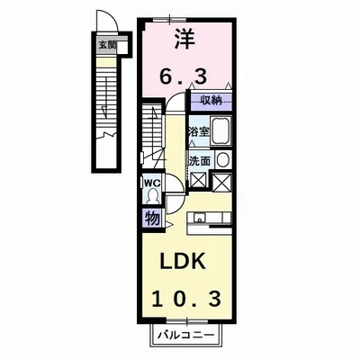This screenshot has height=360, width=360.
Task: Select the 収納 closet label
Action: point(211,101)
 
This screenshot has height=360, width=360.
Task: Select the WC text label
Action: point(150,182)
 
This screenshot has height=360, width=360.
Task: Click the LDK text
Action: point(184,261)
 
